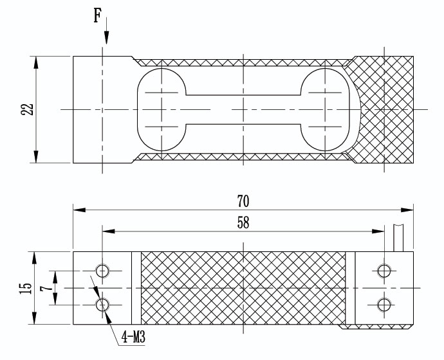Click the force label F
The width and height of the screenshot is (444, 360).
tap(97, 15)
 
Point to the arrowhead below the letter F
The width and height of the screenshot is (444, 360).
tap(106, 37)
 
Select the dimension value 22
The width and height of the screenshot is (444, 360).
tap(27, 109)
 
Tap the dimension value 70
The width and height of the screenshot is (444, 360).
tap(243, 201)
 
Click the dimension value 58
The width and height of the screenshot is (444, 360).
tap(243, 222)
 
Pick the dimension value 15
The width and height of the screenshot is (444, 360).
tap(26, 288)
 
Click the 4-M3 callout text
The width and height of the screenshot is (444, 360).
tap(133, 337)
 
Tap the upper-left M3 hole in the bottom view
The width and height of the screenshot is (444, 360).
tap(102, 271)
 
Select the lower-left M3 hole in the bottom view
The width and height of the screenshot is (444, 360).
tap(102, 305)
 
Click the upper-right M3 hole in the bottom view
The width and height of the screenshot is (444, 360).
tap(384, 271)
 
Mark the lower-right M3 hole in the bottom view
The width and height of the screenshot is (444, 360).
tap(384, 305)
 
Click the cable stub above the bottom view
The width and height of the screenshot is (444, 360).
tap(398, 238)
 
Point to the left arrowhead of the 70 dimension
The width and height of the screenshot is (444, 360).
tap(79, 210)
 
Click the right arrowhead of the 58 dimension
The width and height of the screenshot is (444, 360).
tap(378, 231)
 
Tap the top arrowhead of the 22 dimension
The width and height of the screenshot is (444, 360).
tap(35, 62)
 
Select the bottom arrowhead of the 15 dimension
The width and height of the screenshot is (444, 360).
tap(34, 318)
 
